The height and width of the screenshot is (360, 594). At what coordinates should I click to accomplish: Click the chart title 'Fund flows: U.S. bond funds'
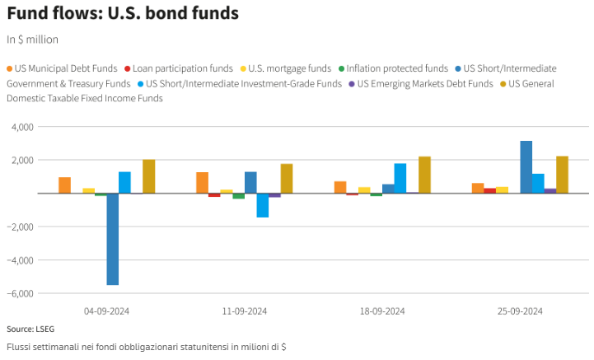(123, 14)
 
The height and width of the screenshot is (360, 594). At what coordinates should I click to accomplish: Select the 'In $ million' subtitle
(33, 40)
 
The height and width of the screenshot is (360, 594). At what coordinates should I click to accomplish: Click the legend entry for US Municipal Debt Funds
(63, 68)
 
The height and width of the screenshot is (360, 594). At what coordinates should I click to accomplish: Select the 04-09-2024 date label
(107, 311)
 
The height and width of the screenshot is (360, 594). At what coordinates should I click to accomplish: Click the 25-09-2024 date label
(520, 311)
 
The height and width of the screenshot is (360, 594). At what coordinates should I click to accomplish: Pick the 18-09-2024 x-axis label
(382, 311)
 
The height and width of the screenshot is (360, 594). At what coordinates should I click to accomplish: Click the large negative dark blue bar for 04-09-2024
(113, 239)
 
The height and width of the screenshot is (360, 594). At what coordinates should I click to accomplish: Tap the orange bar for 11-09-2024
(202, 183)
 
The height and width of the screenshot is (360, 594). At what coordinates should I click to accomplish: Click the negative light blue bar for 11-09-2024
(262, 205)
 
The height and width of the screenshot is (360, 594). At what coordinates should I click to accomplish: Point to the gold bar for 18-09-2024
(424, 175)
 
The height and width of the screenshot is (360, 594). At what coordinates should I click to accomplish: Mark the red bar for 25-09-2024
(489, 190)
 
